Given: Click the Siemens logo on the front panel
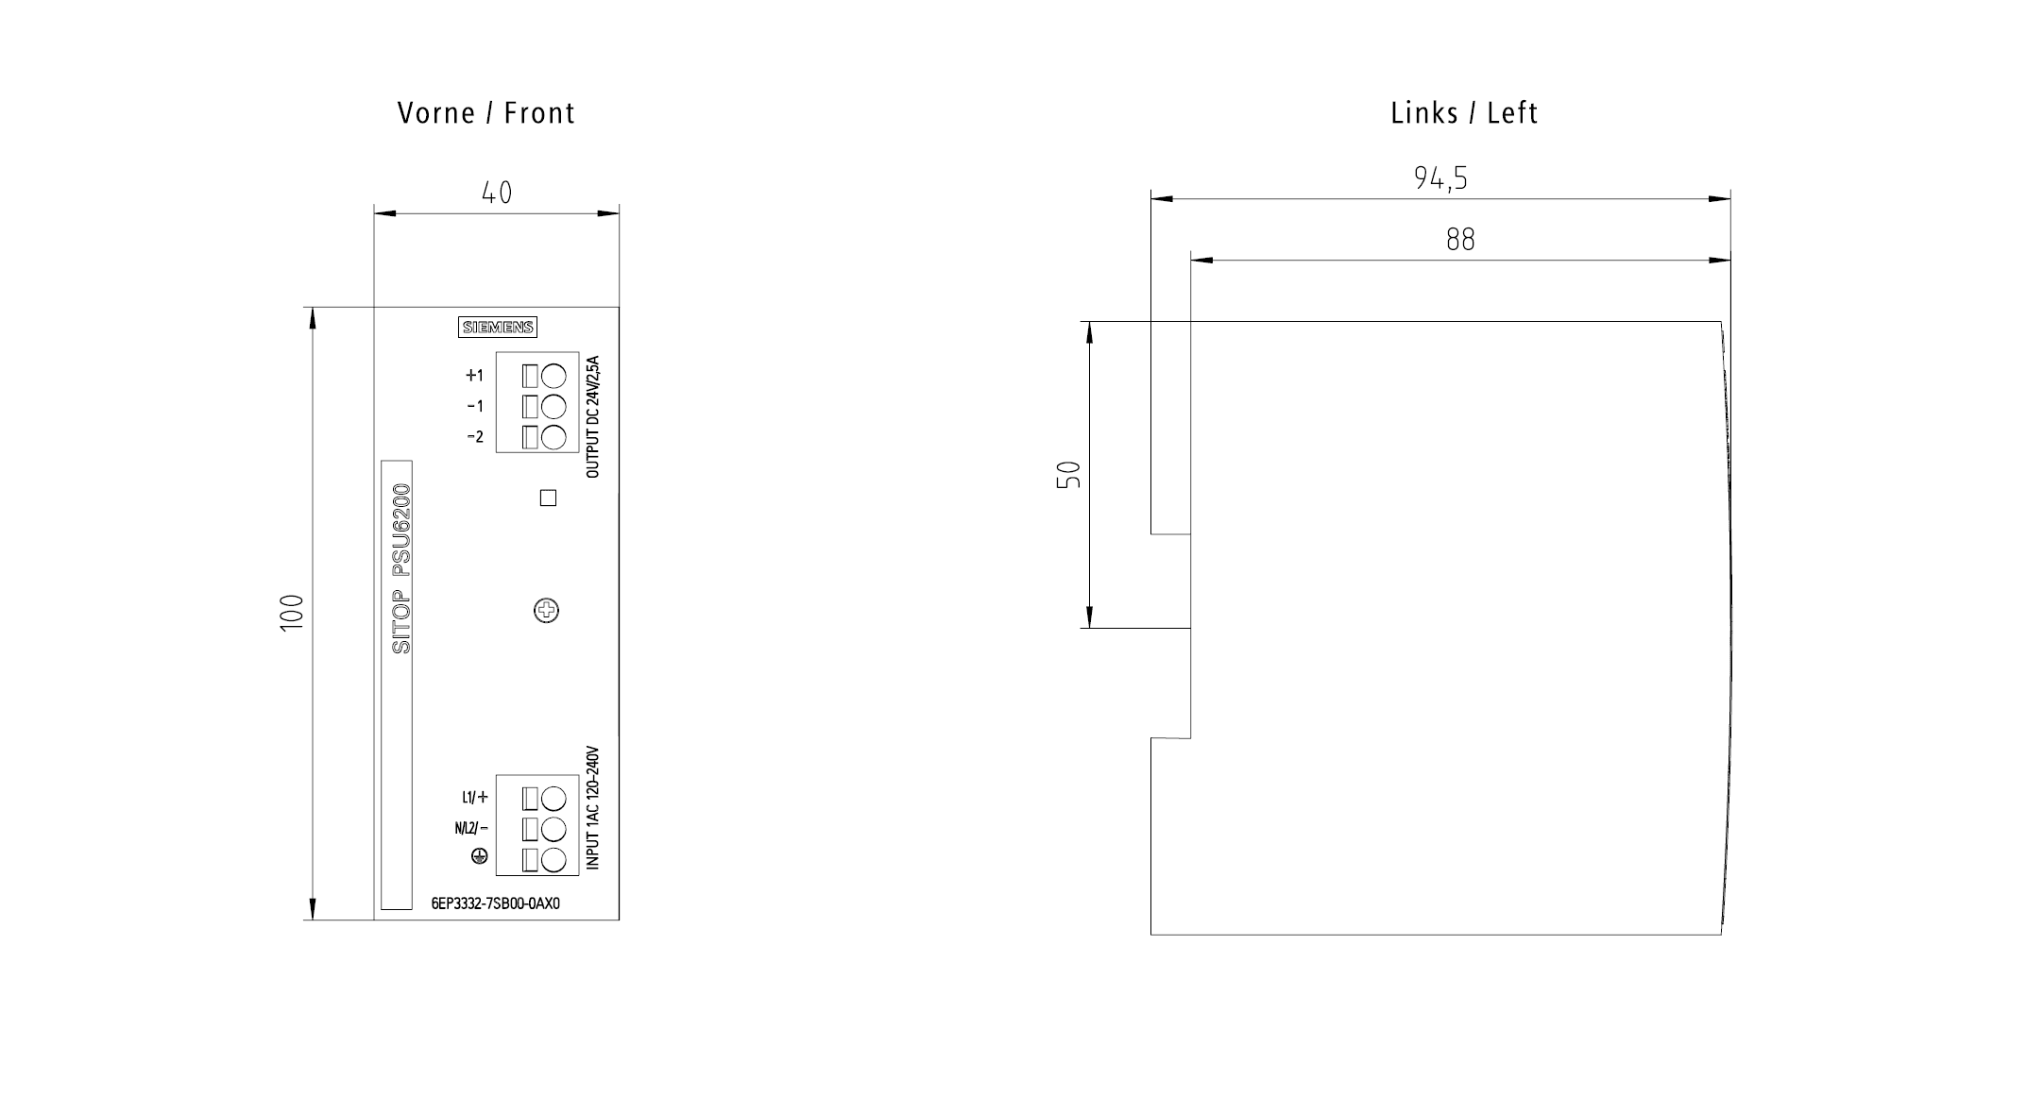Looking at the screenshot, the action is pos(498,328).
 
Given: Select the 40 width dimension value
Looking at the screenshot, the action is pos(497,193).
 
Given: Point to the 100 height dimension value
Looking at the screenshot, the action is pos(293,614).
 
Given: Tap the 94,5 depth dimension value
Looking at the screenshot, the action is pos(1440,177).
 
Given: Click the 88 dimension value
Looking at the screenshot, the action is pos(1460,240).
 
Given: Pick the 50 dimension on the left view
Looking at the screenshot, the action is pos(1068,475).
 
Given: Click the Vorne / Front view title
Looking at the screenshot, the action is pos(486,113).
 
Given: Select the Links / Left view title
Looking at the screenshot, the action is pos(1464,113).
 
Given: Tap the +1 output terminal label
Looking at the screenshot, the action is pos(474,376).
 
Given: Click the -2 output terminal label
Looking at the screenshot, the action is pos(475,437).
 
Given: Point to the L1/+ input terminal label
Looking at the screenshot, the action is pos(475,798).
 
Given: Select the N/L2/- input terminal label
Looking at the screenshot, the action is pos(471,829).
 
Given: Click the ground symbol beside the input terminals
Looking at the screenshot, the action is pos(480,856).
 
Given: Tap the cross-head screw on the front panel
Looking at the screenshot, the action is pos(546,611).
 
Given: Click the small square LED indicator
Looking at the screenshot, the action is pos(548,498).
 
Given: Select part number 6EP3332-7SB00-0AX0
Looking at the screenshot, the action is pos(496,903).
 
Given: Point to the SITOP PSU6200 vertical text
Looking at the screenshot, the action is pos(401,568).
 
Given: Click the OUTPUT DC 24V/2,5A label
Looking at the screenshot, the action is pos(592,416).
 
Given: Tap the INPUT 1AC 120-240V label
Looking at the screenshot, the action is pos(592,809).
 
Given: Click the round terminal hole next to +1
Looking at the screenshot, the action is pos(554,377).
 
